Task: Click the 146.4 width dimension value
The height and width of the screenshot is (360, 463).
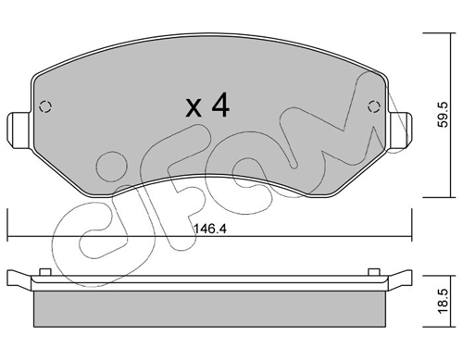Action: [210, 229]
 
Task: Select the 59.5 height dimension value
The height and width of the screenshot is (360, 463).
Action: [444, 115]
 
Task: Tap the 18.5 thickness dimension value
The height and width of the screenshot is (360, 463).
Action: [444, 302]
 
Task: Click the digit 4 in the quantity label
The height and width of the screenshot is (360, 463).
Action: [219, 106]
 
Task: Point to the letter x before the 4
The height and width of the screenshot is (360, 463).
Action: [194, 108]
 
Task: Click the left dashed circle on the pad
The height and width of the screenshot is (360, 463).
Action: [45, 107]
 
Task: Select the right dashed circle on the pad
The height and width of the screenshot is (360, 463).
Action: [374, 107]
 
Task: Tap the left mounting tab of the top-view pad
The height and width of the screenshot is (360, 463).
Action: [19, 130]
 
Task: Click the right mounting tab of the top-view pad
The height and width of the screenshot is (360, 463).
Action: [400, 130]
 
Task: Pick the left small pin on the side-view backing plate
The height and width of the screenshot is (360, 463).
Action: [45, 272]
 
